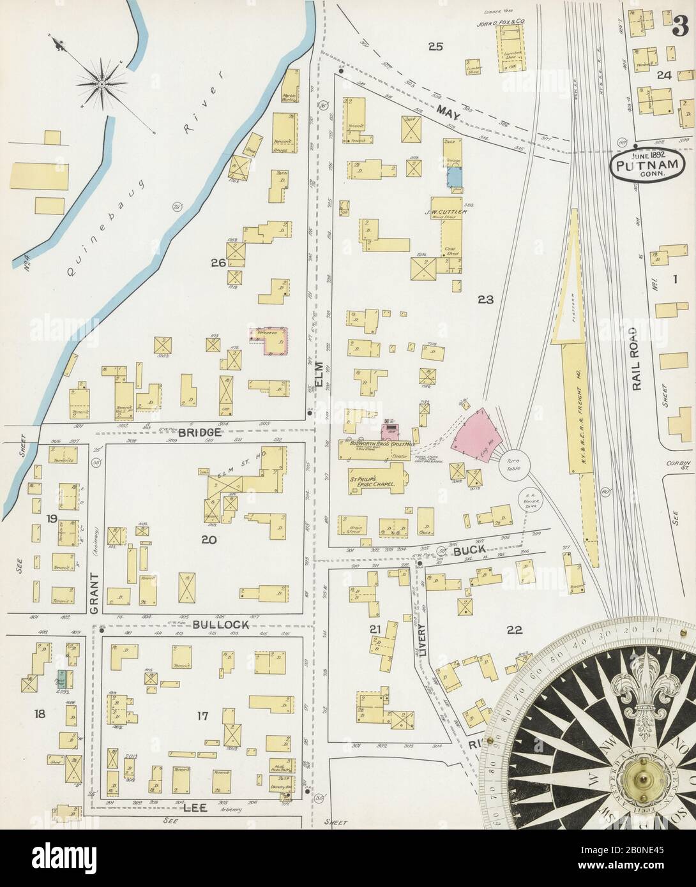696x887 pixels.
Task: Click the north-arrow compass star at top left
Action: click(x=102, y=81)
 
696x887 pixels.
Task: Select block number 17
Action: click(x=202, y=715)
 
